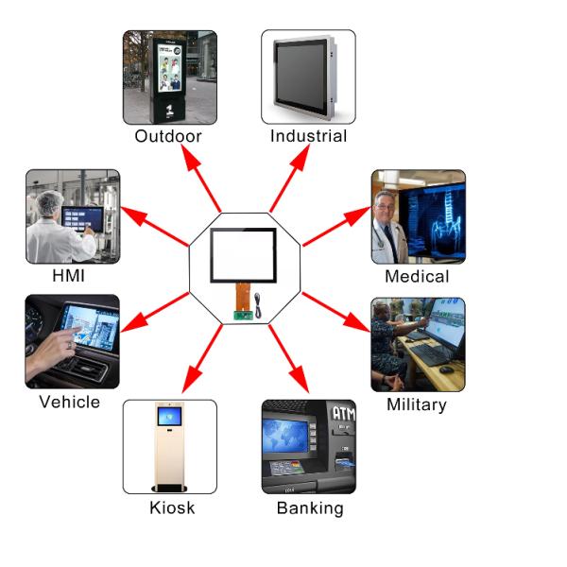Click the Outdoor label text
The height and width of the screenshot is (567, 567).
(x=168, y=136)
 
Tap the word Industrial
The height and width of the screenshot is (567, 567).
(x=308, y=136)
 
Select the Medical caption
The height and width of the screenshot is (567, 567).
(x=417, y=277)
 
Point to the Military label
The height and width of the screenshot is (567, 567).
(x=417, y=404)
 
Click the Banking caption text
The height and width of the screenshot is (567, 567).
(x=309, y=508)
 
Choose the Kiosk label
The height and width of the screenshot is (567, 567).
(x=172, y=508)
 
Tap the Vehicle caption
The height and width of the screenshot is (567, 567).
(x=69, y=403)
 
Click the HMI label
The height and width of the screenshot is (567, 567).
(x=71, y=277)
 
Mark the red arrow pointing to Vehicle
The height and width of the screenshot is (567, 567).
(x=151, y=314)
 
